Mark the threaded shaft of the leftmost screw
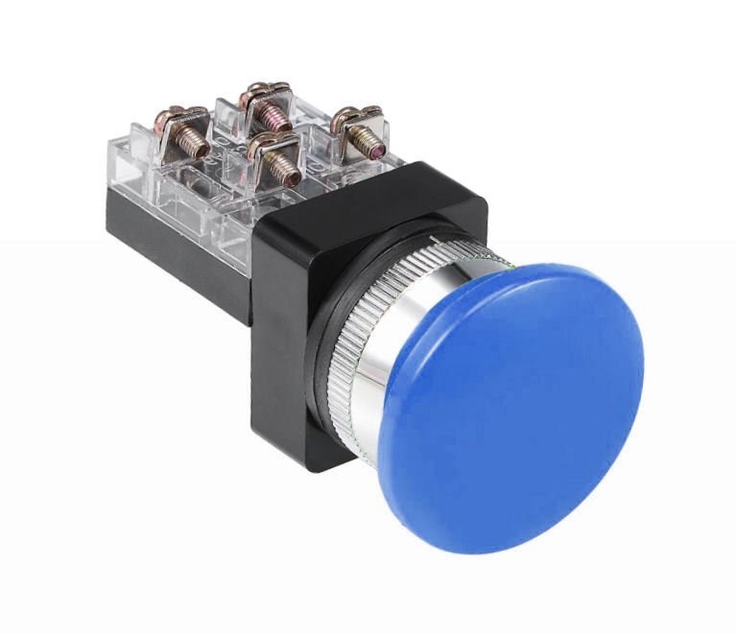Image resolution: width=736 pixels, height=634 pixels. (197, 144)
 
